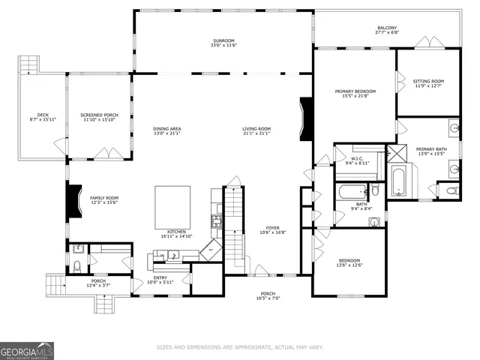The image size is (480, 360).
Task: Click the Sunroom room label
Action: coord(223,42)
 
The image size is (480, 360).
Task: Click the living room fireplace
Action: coord(305,119)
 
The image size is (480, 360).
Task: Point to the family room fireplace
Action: coord(73,201)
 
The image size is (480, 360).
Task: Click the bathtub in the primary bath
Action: coord(397,181)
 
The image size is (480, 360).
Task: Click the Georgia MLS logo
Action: coord(27,350)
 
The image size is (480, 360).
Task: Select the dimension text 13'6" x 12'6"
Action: coord(349,265)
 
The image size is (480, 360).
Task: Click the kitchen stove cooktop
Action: coord(217,221)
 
